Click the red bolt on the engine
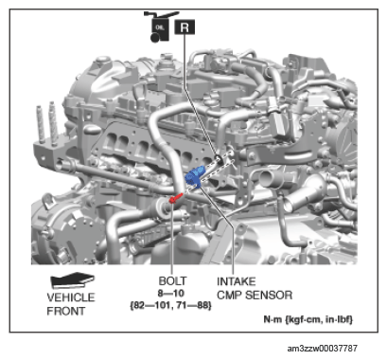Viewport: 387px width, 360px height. [176, 198]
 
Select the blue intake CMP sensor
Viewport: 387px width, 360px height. [194, 177]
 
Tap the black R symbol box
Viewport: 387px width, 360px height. [185, 27]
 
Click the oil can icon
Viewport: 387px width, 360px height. [160, 27]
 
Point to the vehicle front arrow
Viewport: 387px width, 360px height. [72, 279]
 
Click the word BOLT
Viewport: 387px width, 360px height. [172, 280]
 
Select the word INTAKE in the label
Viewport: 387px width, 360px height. [236, 281]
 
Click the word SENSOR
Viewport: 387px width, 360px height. [269, 296]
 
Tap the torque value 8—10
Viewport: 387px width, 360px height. [171, 294]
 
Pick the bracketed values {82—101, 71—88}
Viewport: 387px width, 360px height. [170, 306]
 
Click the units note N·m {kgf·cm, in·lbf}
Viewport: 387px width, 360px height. [308, 319]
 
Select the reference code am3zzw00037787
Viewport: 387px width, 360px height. [322, 349]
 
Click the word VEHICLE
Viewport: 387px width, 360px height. [71, 297]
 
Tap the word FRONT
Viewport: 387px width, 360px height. [66, 311]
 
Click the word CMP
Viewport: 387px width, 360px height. [230, 296]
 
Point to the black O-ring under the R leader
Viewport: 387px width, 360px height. [219, 159]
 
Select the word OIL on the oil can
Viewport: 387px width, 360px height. [160, 27]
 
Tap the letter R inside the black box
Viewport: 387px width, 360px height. [185, 27]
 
